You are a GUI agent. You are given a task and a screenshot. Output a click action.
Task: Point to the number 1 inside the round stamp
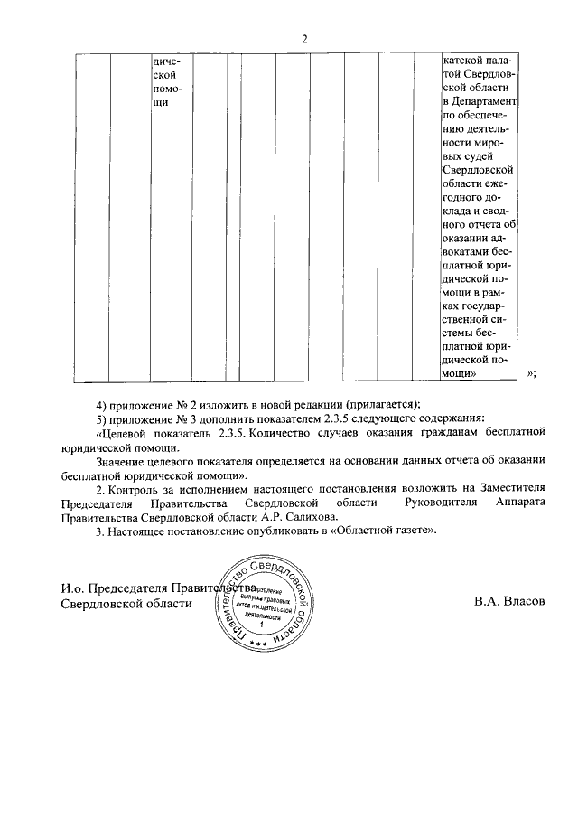(x=263, y=625)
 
